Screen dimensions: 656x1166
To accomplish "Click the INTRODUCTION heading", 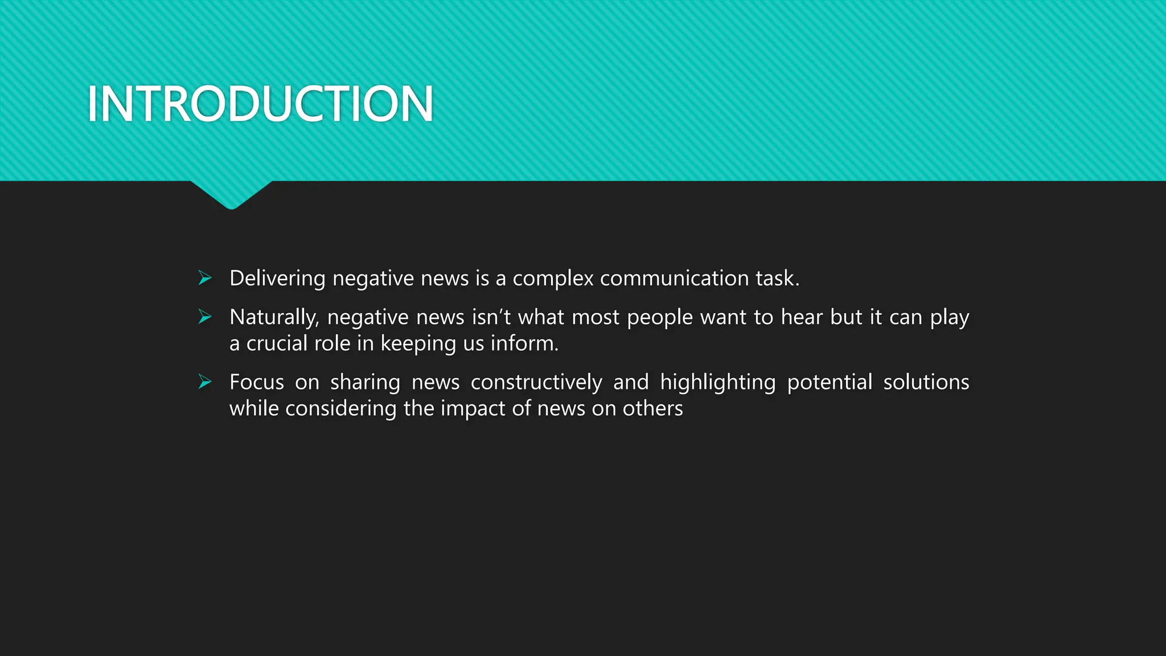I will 260,104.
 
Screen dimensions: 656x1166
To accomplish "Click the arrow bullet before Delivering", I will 205,278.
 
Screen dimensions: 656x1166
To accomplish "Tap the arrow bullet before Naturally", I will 205,317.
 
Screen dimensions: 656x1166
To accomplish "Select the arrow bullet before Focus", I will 205,382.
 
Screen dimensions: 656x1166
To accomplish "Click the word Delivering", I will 277,278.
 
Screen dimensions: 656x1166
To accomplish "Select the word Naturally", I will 274,317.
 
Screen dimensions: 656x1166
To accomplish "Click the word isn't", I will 491,317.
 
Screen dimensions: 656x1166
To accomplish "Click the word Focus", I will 256,382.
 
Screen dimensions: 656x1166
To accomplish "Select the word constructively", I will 536,382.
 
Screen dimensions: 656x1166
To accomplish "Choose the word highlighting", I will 717,382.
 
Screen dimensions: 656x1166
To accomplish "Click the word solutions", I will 926,382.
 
